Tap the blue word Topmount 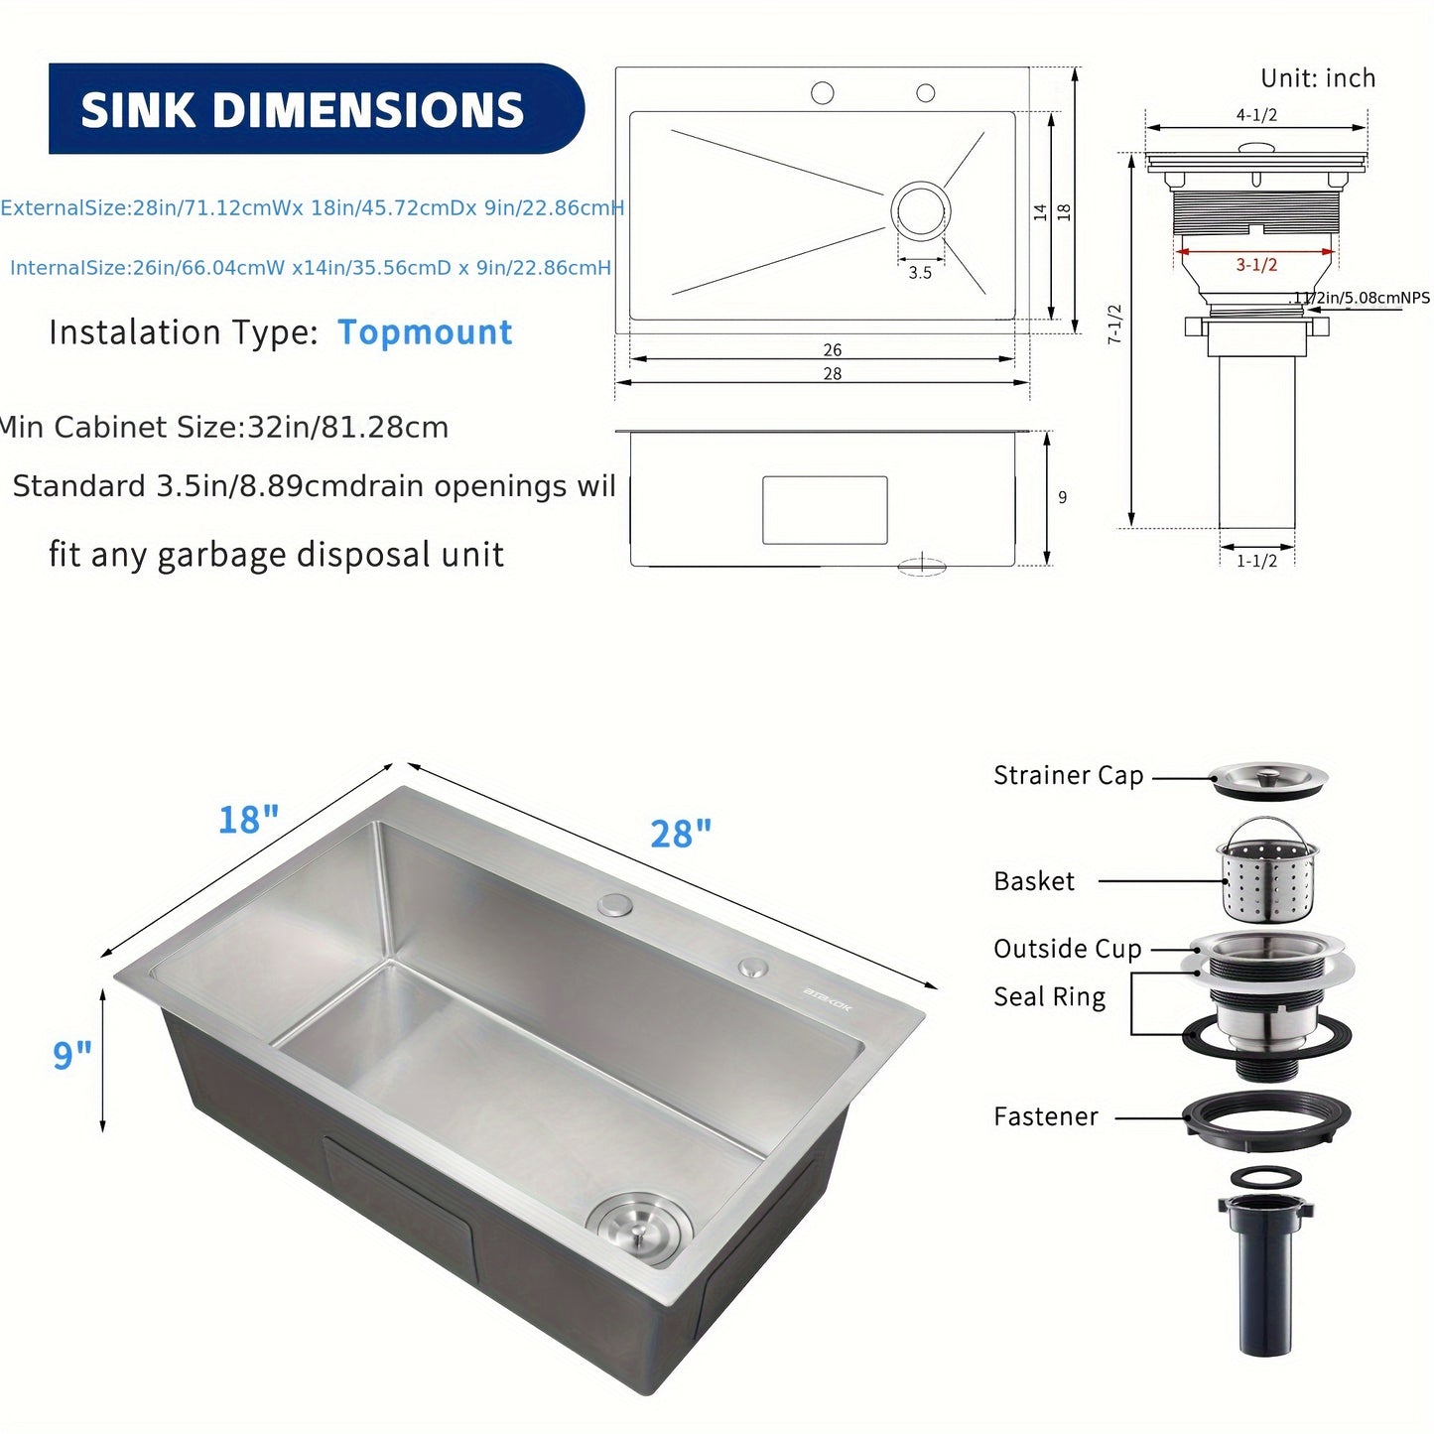pos(425,332)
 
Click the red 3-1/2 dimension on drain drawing pos(1256,265)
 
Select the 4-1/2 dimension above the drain pos(1256,115)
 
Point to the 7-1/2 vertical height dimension pos(1114,325)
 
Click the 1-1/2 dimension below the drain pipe pos(1256,561)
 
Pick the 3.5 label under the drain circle pos(920,273)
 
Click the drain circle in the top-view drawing pos(921,210)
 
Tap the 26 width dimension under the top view pos(832,350)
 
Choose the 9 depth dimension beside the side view pos(1062,497)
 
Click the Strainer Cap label pos(1068,775)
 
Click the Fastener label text pos(1046,1117)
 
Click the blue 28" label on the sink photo pos(681,835)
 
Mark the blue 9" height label pos(71,1055)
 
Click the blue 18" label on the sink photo pos(248,821)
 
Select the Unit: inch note pos(1317,78)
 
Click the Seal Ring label pos(1049,997)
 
